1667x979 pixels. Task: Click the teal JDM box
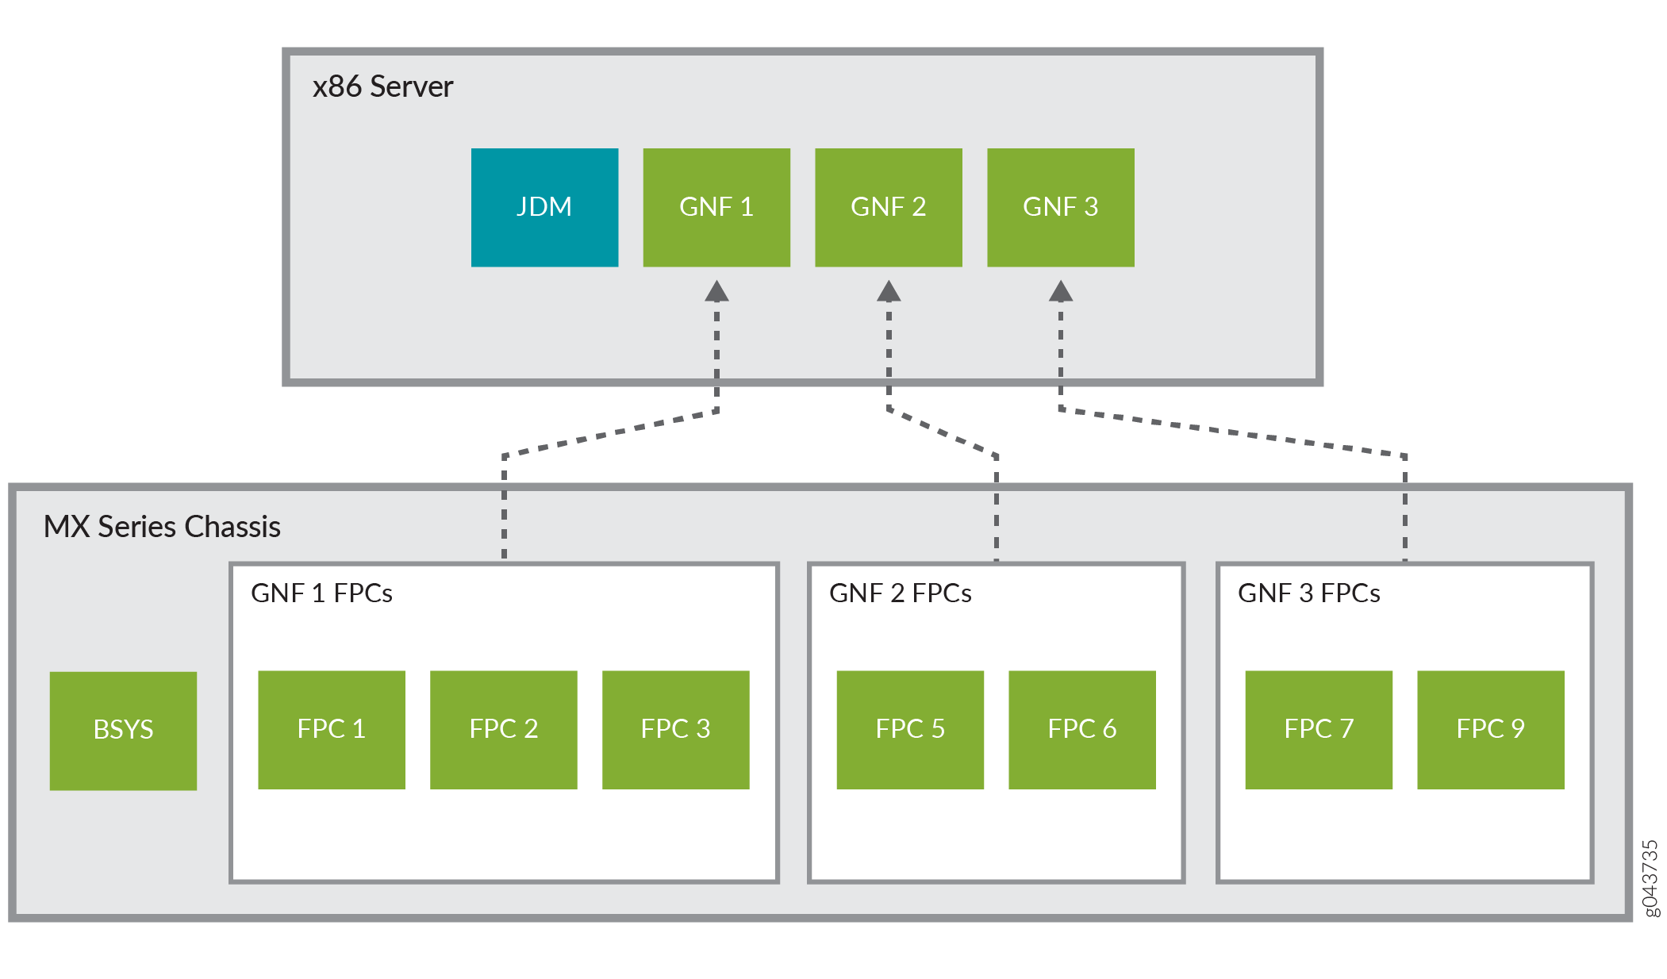[544, 207]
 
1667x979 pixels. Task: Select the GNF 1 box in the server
[716, 207]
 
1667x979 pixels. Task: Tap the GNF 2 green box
[888, 207]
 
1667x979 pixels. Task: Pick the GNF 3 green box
[1060, 207]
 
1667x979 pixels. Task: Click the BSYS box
[123, 730]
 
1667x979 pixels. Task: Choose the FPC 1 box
[331, 729]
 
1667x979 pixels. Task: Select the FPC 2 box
[503, 729]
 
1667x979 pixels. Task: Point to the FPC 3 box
[675, 729]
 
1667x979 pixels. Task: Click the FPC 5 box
[909, 729]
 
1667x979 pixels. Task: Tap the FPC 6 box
[1081, 729]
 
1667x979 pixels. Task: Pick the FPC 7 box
[1318, 729]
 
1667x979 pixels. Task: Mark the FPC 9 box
[1490, 729]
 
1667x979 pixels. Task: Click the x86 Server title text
[382, 86]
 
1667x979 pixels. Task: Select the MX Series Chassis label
[162, 527]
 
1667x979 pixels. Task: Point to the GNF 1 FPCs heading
[321, 593]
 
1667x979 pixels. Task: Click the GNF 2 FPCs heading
[900, 593]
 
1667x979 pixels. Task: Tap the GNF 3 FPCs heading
[1308, 593]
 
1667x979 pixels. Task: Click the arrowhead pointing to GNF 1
[716, 292]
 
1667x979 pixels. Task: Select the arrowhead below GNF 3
[1061, 292]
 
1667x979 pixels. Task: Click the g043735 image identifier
[1650, 878]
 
